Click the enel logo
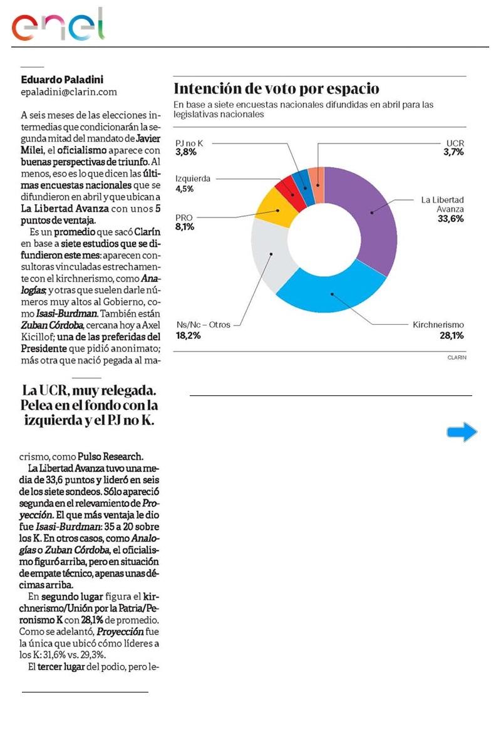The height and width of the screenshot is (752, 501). click(58, 25)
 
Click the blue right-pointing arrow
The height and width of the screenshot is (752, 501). click(462, 432)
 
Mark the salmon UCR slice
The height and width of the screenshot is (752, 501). click(318, 176)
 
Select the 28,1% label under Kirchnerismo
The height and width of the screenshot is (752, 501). click(451, 336)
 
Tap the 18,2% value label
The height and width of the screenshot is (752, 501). click(189, 336)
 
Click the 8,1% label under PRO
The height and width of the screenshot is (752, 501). click(185, 227)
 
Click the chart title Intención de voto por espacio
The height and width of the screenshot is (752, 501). click(276, 88)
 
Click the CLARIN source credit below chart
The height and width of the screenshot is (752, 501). click(457, 357)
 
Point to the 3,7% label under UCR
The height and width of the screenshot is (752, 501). click(452, 153)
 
